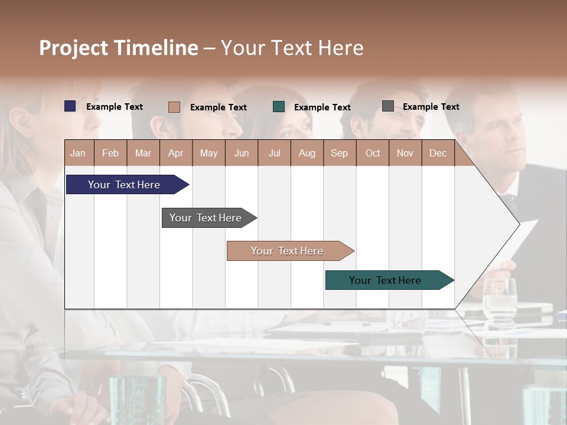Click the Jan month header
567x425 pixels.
79,153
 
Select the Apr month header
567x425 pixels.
176,153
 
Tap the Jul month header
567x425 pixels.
274,153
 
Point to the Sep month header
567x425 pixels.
340,153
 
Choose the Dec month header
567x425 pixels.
438,153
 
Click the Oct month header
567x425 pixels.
373,153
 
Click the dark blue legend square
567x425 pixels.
70,106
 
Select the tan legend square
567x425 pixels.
174,107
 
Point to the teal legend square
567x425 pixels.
279,107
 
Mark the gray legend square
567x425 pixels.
388,106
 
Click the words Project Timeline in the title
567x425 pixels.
118,48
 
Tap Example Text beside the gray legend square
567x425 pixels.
431,107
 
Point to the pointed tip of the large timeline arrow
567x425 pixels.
519,224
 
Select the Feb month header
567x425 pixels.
110,153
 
